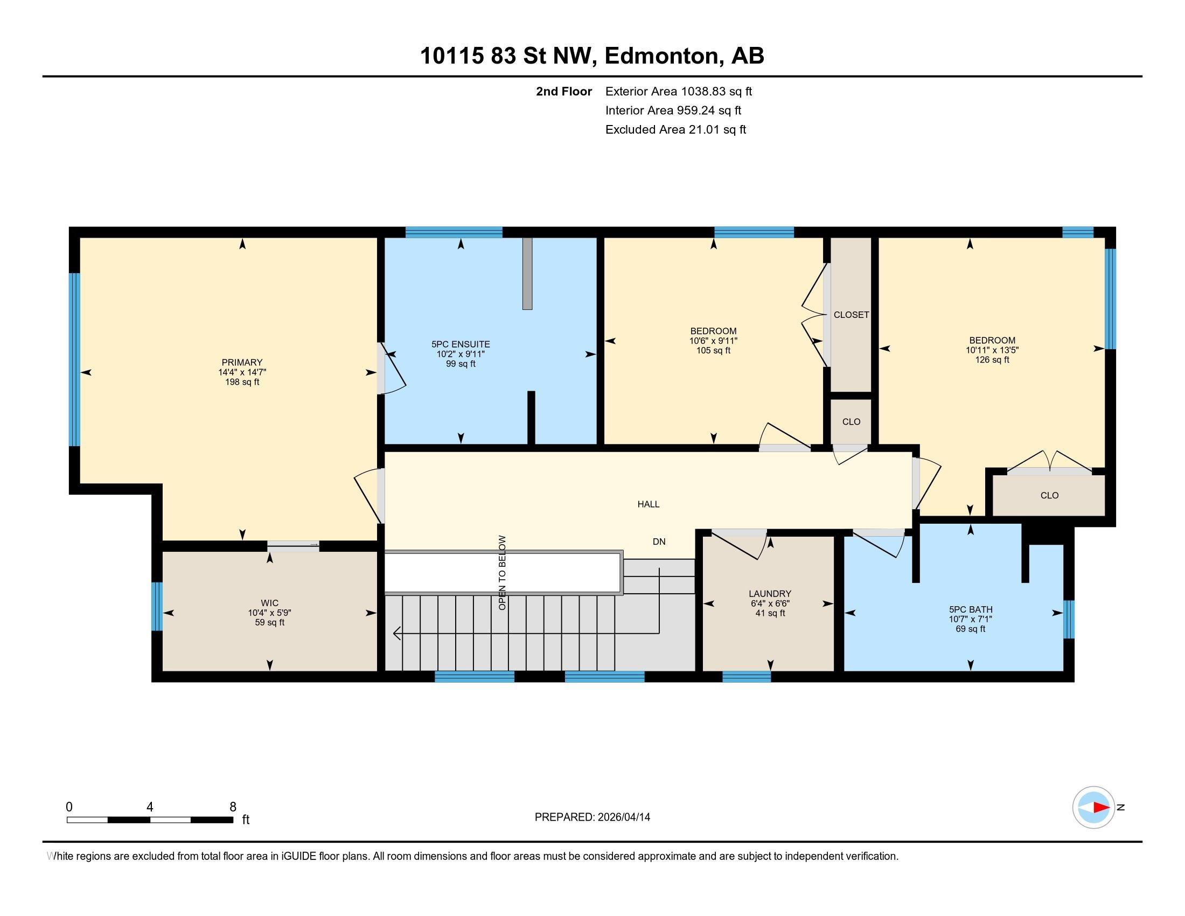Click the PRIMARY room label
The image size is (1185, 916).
242,363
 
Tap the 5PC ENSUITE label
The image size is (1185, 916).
461,344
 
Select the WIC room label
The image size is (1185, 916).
270,603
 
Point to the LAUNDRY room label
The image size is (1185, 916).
770,594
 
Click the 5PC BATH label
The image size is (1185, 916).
971,609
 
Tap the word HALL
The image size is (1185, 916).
649,504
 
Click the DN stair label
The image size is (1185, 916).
659,542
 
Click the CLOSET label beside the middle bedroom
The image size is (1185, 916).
851,315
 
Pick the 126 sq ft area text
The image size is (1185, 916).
992,360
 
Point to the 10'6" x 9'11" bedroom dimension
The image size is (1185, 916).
714,341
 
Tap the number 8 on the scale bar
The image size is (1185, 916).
233,807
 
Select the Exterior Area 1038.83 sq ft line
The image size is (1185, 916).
679,91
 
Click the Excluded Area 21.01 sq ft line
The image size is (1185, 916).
675,129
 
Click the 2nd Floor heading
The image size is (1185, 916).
564,91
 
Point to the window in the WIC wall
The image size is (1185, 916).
157,606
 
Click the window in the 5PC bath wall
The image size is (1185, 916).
1069,619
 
